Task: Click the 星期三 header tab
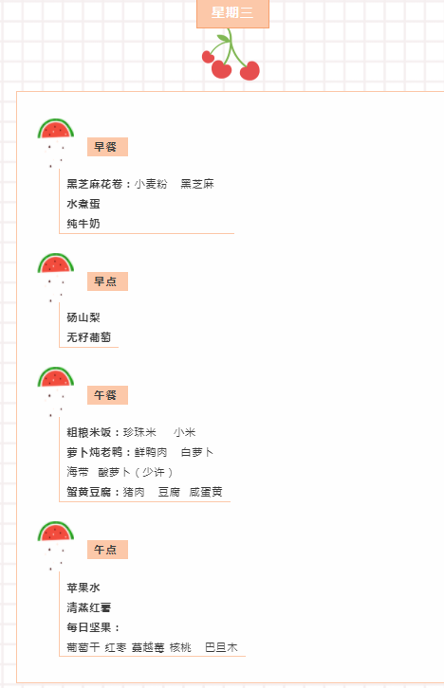(232, 13)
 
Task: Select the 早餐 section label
(107, 147)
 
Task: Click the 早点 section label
(107, 281)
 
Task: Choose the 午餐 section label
(107, 395)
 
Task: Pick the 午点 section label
(107, 550)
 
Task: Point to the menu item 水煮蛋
(83, 204)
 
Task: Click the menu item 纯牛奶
(83, 224)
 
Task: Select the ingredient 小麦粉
(151, 184)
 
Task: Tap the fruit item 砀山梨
(83, 317)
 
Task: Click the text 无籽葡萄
(89, 337)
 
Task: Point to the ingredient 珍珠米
(139, 432)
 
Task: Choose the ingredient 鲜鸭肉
(151, 452)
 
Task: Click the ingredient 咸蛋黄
(206, 492)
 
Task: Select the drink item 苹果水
(83, 588)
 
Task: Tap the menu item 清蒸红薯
(89, 607)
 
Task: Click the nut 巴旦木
(221, 647)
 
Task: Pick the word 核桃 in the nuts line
(180, 647)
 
